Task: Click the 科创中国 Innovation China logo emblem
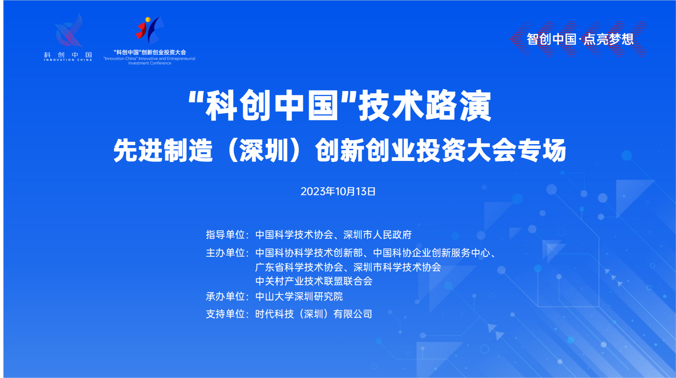tap(69, 30)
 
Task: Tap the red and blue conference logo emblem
tap(150, 30)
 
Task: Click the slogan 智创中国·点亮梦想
tap(580, 39)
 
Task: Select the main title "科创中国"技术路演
tap(340, 105)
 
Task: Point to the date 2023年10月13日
tap(338, 192)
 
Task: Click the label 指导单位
tap(225, 235)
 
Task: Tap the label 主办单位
tap(225, 253)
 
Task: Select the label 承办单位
tap(225, 296)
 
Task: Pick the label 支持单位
tap(225, 314)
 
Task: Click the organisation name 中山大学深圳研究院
tap(299, 296)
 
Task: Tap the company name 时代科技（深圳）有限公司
tap(314, 314)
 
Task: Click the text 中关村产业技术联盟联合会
tap(314, 281)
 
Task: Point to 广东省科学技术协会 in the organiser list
tap(299, 267)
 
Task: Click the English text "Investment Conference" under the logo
tap(150, 63)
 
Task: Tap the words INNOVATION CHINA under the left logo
tap(68, 60)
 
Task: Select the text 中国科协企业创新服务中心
tap(431, 253)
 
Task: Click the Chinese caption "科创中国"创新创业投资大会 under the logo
tap(150, 52)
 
